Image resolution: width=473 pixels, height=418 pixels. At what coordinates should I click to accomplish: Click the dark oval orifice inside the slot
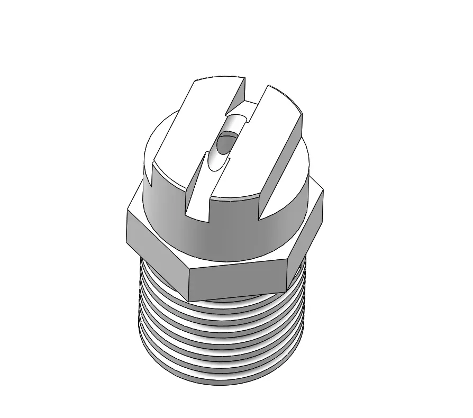coord(225,143)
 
